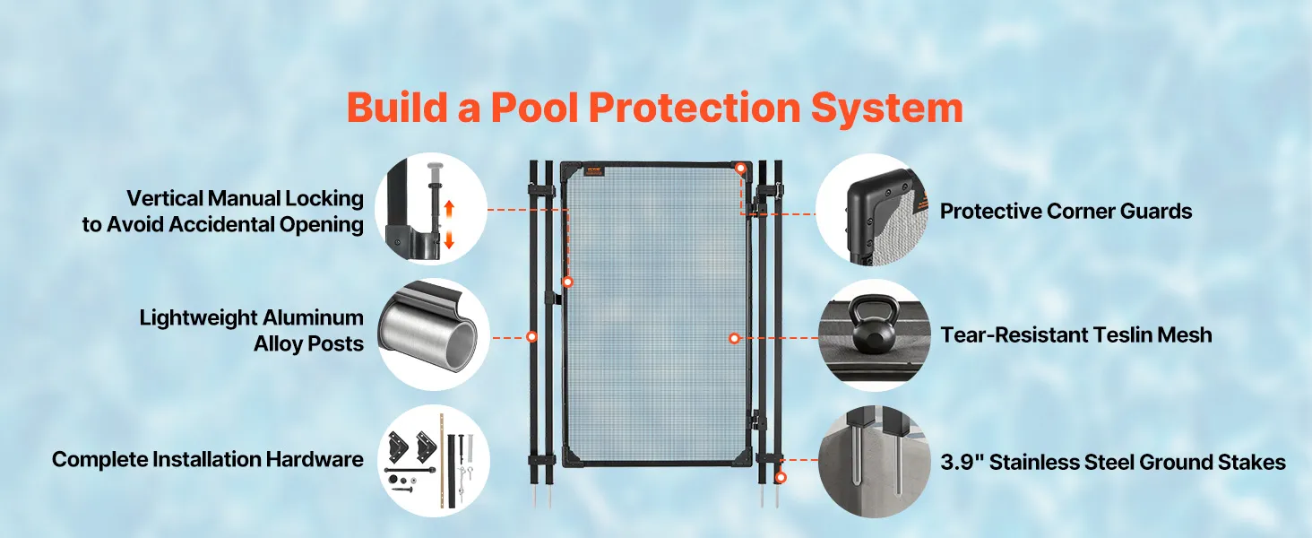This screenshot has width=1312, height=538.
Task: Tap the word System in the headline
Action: tap(887, 109)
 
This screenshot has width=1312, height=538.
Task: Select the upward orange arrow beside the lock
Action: tap(449, 210)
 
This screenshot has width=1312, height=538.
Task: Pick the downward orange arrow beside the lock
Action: tap(449, 239)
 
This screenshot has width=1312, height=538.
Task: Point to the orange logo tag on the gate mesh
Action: tap(594, 171)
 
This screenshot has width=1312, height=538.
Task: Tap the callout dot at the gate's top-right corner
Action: tap(740, 169)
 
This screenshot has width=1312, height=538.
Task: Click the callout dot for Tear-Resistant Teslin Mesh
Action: tap(734, 338)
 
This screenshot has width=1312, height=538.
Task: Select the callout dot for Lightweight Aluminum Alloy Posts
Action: tap(531, 337)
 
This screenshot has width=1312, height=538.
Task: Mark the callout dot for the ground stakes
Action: tap(781, 478)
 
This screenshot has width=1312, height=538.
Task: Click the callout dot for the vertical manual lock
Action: tap(567, 282)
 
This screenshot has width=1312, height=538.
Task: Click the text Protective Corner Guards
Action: tap(1066, 211)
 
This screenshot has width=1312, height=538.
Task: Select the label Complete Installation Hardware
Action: tap(208, 459)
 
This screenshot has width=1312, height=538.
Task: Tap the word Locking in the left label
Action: tap(324, 199)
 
